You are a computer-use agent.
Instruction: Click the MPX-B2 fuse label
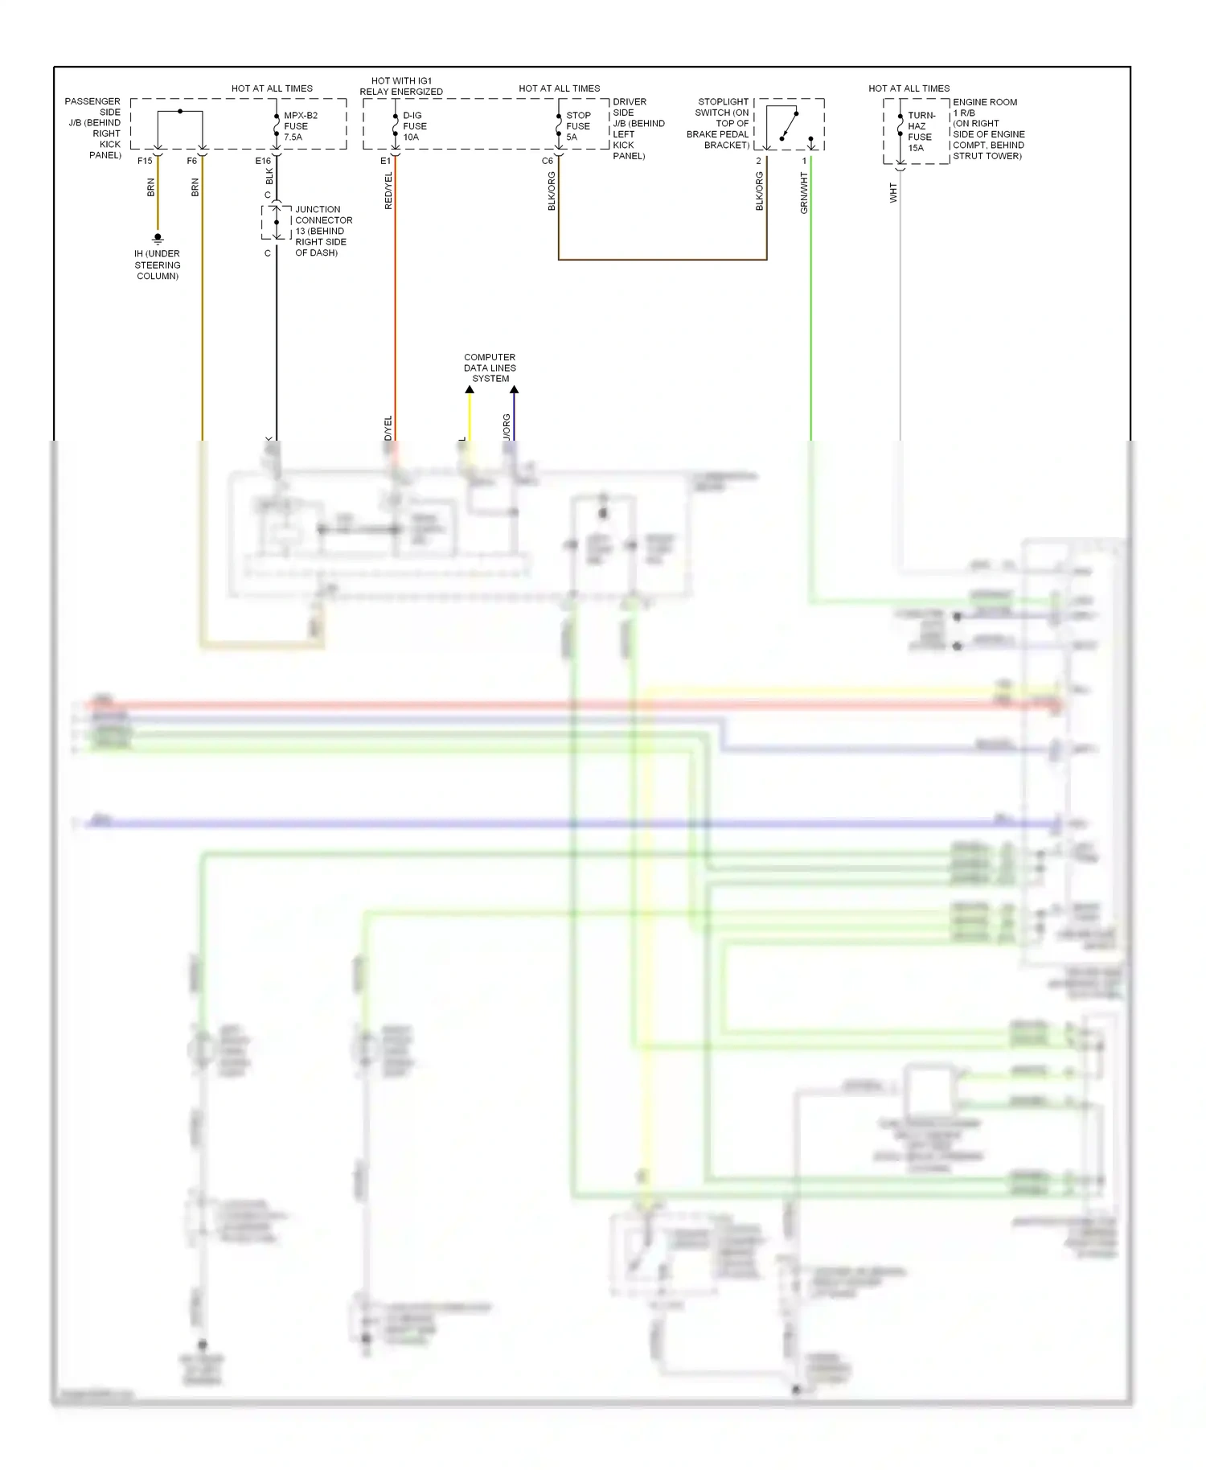tap(300, 126)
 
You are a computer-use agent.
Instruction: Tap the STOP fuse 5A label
tap(578, 126)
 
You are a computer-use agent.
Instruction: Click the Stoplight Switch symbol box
tap(789, 125)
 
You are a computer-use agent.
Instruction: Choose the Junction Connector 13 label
tap(323, 231)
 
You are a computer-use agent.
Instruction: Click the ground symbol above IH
tap(158, 238)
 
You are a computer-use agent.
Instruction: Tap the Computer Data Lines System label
tap(490, 367)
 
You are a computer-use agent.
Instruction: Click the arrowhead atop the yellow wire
tap(470, 390)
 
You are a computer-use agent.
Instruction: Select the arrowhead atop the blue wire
tap(514, 390)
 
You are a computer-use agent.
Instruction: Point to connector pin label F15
tap(145, 161)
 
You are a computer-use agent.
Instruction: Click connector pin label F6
tap(191, 161)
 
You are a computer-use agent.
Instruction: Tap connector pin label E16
tap(263, 161)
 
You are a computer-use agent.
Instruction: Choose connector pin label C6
tap(548, 161)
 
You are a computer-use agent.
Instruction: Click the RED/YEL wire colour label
tap(388, 191)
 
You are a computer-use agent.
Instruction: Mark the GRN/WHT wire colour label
tap(803, 193)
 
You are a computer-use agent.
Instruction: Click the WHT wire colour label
tap(892, 193)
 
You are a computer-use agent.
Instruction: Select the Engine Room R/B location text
tap(988, 129)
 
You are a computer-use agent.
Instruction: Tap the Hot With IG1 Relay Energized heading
tap(401, 86)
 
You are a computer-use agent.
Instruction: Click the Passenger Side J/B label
tap(94, 129)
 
